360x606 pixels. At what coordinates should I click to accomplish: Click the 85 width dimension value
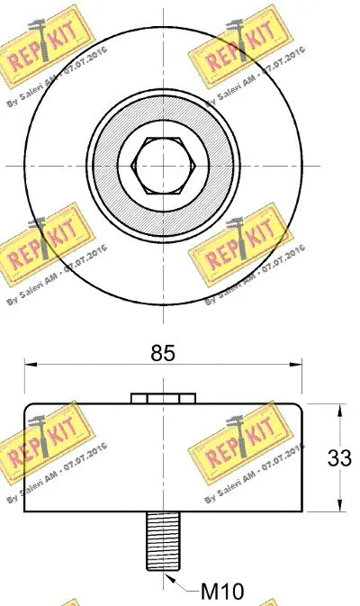click(x=163, y=353)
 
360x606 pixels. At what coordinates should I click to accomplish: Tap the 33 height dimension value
click(x=338, y=457)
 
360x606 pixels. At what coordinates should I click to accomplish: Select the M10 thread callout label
click(x=220, y=591)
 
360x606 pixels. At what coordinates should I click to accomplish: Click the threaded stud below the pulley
click(x=163, y=540)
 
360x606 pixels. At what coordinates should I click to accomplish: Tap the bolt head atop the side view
click(x=163, y=398)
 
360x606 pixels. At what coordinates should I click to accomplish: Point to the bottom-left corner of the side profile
click(x=24, y=511)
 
